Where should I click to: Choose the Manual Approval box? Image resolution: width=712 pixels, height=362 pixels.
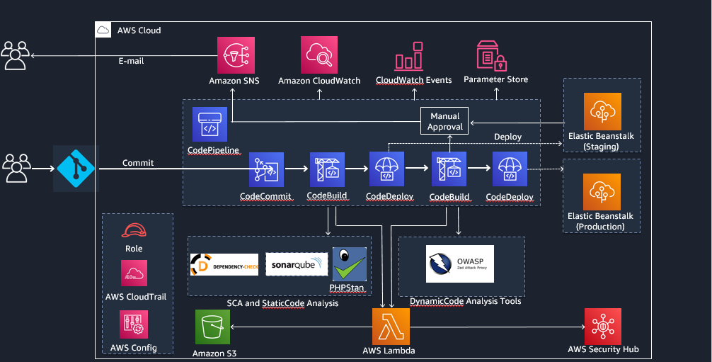click(445, 121)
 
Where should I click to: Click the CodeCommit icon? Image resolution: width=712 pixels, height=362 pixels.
click(266, 170)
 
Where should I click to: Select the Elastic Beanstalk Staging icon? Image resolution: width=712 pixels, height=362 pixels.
click(602, 110)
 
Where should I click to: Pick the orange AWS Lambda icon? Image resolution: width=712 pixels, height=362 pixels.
click(391, 326)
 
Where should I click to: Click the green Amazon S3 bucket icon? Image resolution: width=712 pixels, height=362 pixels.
click(213, 327)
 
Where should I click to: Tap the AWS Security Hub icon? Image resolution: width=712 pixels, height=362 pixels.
click(603, 326)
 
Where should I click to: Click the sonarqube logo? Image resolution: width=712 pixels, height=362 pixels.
click(297, 264)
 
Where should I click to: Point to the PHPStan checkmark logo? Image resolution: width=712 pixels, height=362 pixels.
click(349, 264)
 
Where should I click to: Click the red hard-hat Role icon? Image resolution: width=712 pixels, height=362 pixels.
click(133, 230)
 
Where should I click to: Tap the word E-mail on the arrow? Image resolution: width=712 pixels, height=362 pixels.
click(131, 61)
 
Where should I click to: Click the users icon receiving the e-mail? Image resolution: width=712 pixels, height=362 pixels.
click(15, 55)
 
